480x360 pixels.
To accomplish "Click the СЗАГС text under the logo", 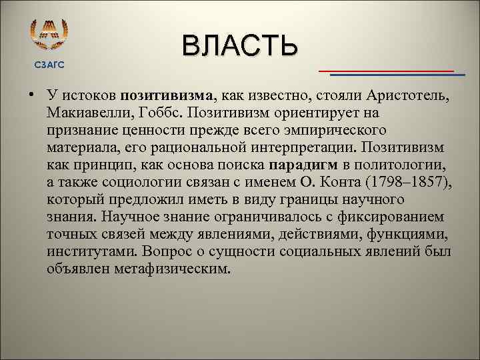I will (50, 65).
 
